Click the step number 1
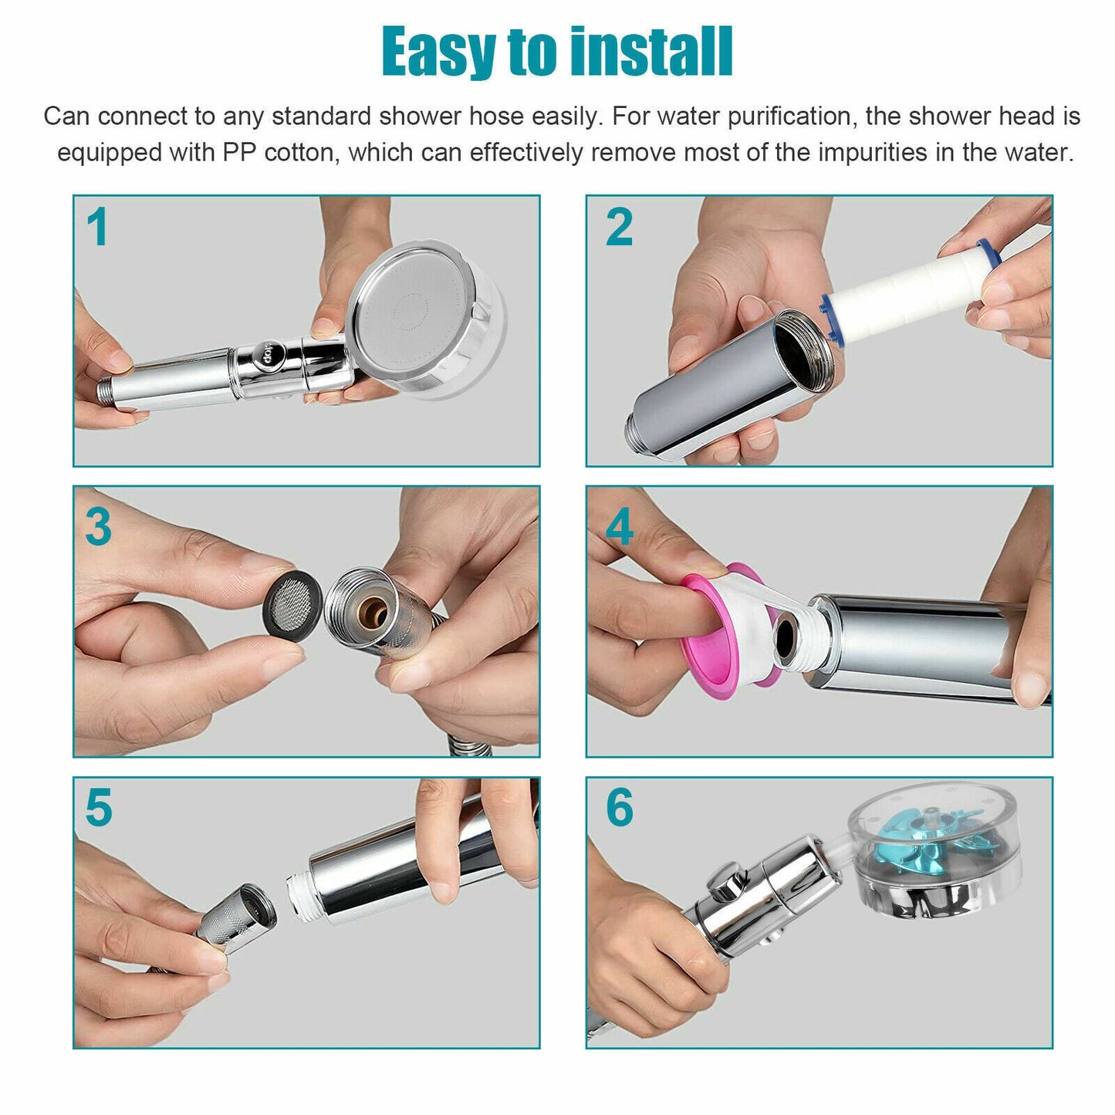(97, 228)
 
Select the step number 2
(619, 228)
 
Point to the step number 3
(99, 527)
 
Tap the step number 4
(620, 527)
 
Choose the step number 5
(99, 808)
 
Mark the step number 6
(620, 808)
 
